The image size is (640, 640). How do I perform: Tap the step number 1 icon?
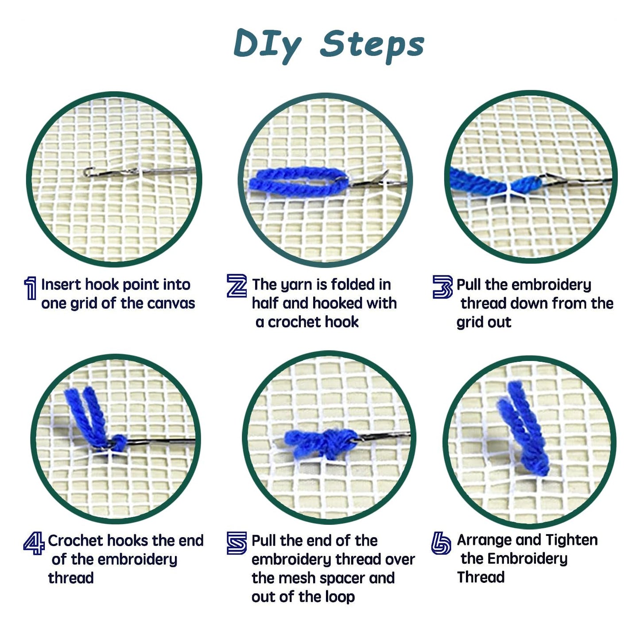[x=30, y=288]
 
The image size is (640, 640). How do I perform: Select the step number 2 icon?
[x=237, y=286]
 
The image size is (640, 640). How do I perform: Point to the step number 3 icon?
[x=442, y=287]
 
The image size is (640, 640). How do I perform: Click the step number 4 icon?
[x=34, y=543]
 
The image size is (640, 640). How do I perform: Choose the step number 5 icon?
[x=237, y=543]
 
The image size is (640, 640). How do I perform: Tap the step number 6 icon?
[x=441, y=543]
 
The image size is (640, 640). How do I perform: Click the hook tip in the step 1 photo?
[x=88, y=171]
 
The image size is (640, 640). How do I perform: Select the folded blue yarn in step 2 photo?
[x=297, y=181]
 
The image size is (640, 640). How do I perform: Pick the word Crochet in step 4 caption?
[x=76, y=540]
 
